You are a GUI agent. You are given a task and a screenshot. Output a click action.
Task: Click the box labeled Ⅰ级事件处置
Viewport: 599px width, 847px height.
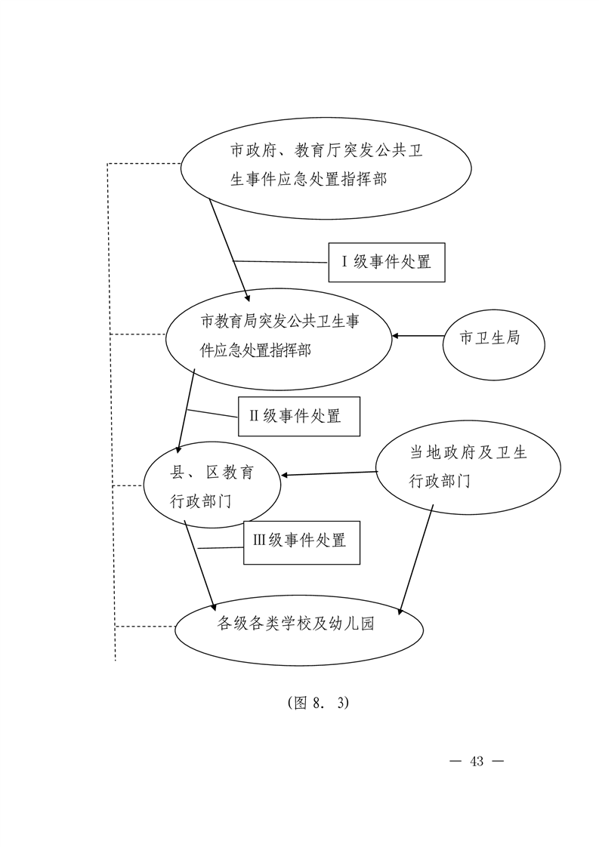tap(387, 262)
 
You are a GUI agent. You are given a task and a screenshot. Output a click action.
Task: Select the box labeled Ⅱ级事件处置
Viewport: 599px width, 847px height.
tap(299, 416)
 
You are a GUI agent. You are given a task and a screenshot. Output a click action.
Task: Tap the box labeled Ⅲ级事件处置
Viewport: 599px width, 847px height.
tap(301, 542)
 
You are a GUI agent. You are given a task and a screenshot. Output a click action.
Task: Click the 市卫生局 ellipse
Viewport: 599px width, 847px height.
tap(493, 345)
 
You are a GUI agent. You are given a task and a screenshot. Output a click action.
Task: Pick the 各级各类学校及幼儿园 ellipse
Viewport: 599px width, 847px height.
tap(299, 629)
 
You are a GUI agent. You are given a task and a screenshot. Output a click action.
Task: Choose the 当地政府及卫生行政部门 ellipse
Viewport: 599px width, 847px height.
tap(468, 467)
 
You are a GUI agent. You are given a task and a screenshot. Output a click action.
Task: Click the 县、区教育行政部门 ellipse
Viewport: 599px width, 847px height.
tap(212, 485)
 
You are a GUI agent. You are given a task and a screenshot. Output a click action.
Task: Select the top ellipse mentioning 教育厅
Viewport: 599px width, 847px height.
tap(326, 168)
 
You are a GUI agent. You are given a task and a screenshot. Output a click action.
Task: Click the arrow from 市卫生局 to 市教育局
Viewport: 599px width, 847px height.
tap(418, 336)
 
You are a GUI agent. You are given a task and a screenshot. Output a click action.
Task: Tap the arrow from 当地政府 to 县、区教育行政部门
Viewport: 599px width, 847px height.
tap(329, 474)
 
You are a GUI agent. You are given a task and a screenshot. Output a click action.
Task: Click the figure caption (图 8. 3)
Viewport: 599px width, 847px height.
tap(319, 702)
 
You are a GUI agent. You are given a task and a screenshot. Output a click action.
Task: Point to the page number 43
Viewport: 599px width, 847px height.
tap(477, 761)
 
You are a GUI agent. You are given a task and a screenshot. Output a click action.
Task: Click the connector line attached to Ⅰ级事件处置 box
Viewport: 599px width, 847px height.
tap(280, 262)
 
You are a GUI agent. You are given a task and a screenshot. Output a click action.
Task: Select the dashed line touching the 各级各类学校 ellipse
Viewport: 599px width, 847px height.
tap(146, 627)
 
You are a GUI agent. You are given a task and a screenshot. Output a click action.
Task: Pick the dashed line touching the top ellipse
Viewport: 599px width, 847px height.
tap(144, 163)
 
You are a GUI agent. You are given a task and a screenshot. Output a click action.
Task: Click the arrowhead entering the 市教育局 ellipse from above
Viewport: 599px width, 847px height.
tap(247, 297)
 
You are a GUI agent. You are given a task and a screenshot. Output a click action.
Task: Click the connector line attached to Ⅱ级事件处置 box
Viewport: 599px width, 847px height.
tap(212, 413)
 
